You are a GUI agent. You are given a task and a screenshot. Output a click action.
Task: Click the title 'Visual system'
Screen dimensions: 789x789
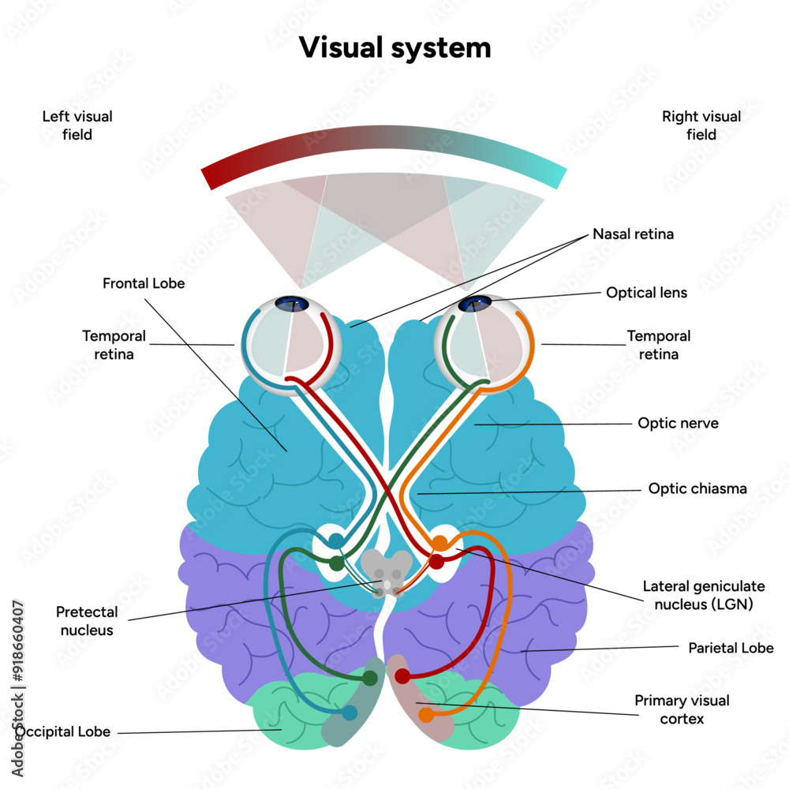(394, 47)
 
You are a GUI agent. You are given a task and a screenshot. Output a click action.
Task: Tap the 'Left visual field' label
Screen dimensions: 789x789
(77, 125)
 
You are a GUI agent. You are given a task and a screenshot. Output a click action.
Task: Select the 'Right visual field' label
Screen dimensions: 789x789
(701, 125)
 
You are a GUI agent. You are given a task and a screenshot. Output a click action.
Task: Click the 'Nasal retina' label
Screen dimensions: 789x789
(633, 234)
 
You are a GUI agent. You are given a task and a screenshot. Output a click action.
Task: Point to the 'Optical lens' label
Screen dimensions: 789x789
(646, 293)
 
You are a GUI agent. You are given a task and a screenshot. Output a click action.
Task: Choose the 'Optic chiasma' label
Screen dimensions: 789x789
(697, 488)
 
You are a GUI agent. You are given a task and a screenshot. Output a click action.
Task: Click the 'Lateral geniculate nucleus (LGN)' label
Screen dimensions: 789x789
(698, 596)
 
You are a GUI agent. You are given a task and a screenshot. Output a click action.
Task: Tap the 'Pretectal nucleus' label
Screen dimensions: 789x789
(87, 621)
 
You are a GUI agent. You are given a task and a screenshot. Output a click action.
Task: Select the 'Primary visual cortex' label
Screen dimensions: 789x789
(682, 709)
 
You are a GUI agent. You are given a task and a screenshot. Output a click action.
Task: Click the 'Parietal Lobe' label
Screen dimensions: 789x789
(731, 648)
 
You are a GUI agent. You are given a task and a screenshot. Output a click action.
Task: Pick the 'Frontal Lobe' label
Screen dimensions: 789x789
(144, 282)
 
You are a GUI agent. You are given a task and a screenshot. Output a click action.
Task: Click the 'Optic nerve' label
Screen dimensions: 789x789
(678, 423)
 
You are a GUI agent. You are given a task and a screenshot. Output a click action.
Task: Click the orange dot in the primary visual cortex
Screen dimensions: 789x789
(426, 715)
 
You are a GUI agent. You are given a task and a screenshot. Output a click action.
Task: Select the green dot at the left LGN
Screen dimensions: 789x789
(337, 563)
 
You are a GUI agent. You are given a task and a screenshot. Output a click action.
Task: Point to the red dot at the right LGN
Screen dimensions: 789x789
(436, 562)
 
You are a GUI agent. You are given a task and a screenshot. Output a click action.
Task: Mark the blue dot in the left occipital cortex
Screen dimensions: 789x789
(350, 712)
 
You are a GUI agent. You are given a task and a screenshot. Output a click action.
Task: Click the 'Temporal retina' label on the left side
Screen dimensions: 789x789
(108, 345)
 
